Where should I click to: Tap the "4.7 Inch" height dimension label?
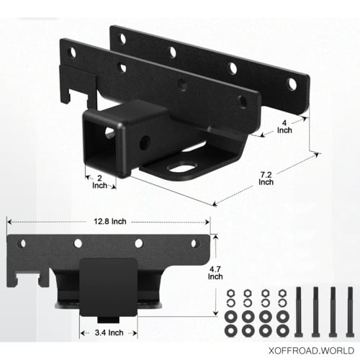point(215,271)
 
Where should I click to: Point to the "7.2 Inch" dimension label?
point(266,178)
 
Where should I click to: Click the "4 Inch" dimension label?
point(286,127)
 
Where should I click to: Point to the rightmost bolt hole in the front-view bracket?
point(194,242)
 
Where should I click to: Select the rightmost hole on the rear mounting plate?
point(292,84)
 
